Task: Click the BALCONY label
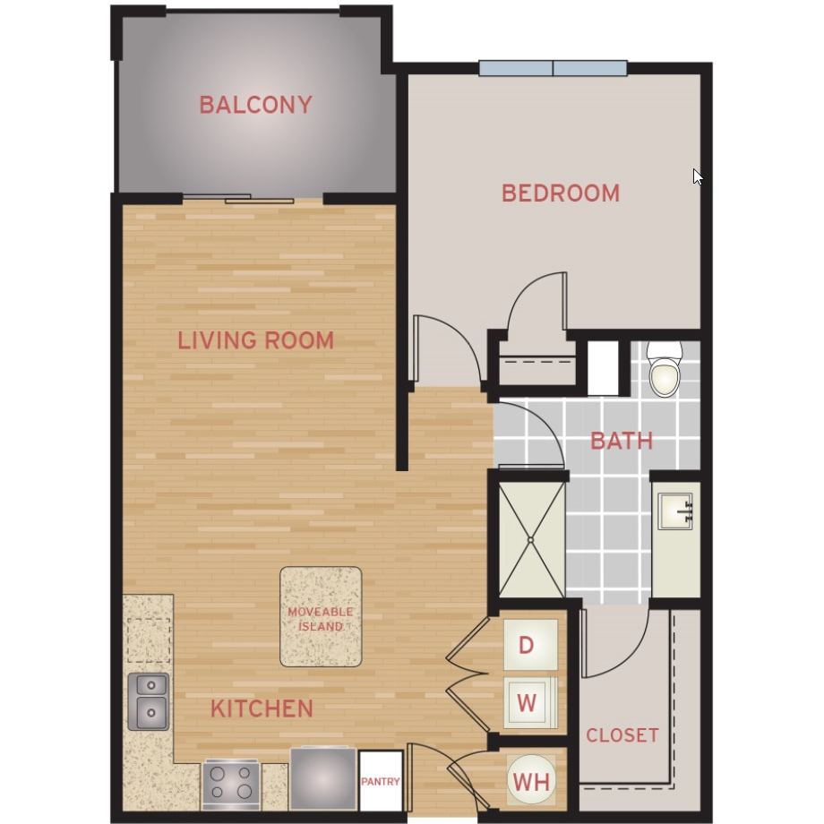pos(255,105)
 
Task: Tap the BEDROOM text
pos(560,193)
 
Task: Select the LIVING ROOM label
pos(255,340)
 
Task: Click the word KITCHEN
pos(262,708)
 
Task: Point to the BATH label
pos(622,441)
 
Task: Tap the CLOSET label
pos(622,735)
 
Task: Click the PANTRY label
pos(381,782)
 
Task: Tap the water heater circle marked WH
pos(531,781)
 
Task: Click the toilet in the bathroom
pos(665,369)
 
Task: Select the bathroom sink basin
pos(675,511)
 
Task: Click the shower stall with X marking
pos(531,540)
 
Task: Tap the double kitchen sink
pos(148,701)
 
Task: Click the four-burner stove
pos(230,784)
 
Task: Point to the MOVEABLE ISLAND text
pos(320,619)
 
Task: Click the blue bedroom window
pos(553,68)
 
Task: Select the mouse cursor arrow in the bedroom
pos(698,176)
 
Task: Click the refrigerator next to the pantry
pos(322,778)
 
